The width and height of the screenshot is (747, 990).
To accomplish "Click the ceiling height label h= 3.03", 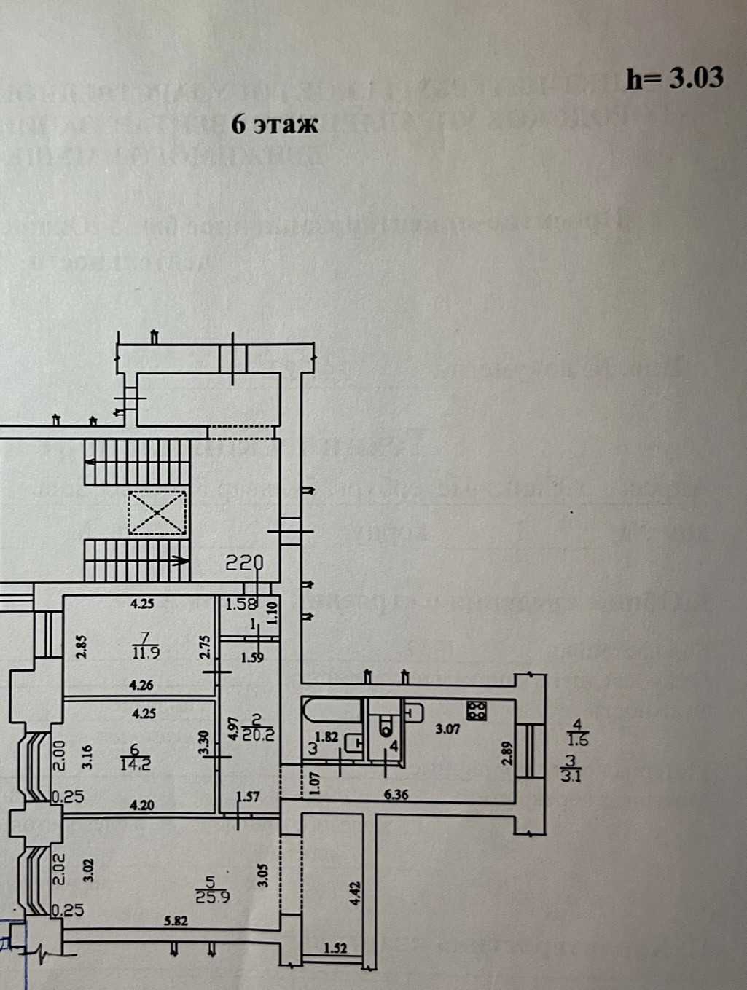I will click(x=674, y=78).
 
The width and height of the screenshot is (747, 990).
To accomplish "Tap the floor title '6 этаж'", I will click(x=275, y=125).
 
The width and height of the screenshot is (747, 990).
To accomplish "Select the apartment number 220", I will click(x=244, y=562).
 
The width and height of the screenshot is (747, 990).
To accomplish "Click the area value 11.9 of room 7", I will click(x=146, y=653).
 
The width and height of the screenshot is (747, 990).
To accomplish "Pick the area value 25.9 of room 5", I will click(x=213, y=897).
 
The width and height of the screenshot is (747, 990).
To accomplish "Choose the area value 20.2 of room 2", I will click(x=259, y=734).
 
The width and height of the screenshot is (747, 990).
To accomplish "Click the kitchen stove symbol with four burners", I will click(x=477, y=710).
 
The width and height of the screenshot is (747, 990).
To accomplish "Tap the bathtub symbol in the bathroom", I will click(x=332, y=710).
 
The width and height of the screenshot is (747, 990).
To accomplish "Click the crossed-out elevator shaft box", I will click(x=157, y=513).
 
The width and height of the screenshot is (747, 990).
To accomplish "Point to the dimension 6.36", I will click(x=396, y=795).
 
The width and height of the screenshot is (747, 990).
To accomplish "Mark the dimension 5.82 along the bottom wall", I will click(x=176, y=921).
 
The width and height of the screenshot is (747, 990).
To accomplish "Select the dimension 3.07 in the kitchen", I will click(x=447, y=728).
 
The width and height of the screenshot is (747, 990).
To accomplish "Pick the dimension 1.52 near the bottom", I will click(x=335, y=948).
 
